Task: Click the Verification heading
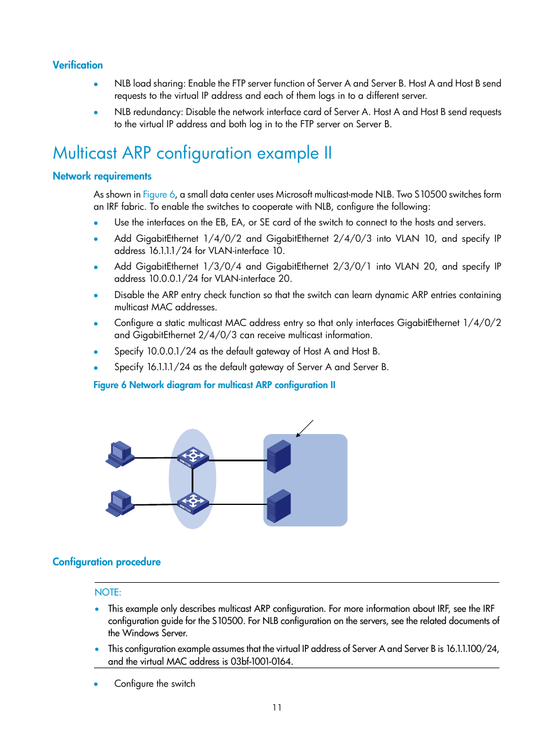tap(77, 65)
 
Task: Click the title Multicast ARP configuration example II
tap(192, 153)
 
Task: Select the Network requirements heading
tap(102, 176)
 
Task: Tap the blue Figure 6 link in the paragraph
tap(159, 195)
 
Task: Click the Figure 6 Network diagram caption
tap(214, 385)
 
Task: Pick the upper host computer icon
tap(120, 454)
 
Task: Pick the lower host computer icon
tap(120, 503)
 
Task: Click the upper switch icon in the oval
tap(193, 458)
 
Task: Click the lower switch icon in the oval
tap(193, 503)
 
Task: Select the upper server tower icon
tap(279, 457)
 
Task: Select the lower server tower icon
tap(279, 505)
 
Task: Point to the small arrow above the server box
tap(304, 428)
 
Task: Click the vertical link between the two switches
tap(192, 481)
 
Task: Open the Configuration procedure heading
tap(106, 562)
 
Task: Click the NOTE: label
tap(108, 592)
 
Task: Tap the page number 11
tap(277, 707)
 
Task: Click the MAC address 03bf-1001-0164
tap(261, 661)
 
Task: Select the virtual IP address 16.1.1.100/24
tap(472, 648)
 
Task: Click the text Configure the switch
tap(154, 684)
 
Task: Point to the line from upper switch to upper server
tap(238, 460)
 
